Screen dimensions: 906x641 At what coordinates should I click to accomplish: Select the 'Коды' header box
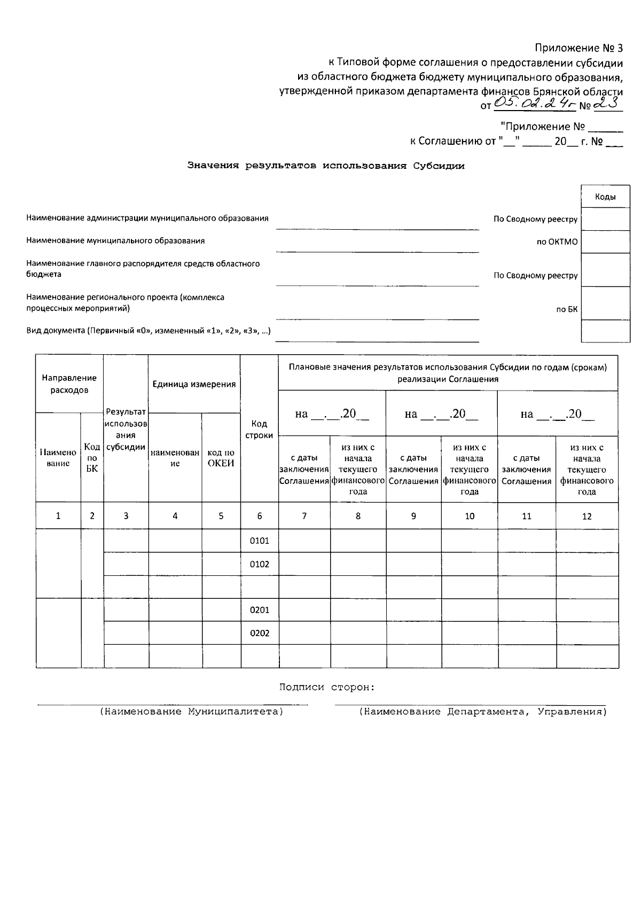(x=605, y=197)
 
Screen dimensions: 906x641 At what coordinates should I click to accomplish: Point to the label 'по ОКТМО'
(x=557, y=242)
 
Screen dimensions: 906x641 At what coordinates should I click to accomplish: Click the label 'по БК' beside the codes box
(x=567, y=309)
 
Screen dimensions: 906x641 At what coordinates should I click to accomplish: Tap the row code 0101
(x=259, y=541)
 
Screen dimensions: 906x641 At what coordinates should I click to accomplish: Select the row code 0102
(x=259, y=564)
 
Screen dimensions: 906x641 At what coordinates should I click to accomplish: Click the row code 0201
(x=259, y=610)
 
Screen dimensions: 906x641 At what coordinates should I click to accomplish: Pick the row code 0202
(x=259, y=634)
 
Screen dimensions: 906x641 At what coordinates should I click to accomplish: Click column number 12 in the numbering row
(x=587, y=516)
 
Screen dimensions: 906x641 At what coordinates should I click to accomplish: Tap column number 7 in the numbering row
(x=304, y=516)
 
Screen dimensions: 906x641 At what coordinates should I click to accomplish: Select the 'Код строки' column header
(x=259, y=429)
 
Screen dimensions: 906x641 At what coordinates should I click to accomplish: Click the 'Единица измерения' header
(x=194, y=384)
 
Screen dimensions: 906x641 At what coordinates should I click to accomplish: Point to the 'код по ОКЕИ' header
(x=221, y=458)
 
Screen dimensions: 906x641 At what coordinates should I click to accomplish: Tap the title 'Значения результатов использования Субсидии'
(x=326, y=166)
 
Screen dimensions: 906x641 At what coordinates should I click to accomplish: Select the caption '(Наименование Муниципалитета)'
(x=191, y=712)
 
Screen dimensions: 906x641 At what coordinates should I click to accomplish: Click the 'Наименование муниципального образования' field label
(x=115, y=241)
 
